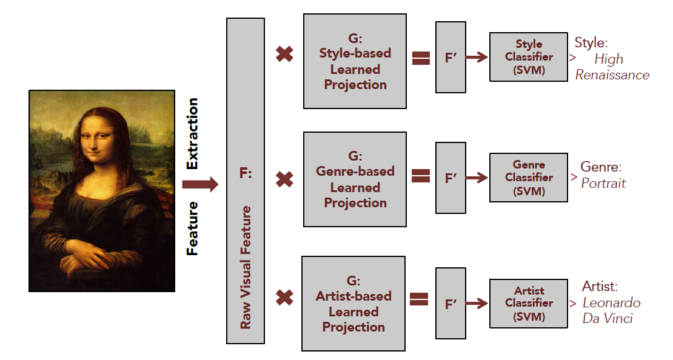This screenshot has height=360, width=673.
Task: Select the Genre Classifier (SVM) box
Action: click(529, 178)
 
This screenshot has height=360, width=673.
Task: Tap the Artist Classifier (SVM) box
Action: click(529, 303)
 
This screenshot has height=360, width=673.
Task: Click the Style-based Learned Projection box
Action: click(355, 61)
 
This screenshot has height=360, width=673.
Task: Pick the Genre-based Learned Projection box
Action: click(355, 179)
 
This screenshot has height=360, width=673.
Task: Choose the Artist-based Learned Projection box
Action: click(353, 304)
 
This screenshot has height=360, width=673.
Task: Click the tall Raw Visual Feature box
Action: click(245, 181)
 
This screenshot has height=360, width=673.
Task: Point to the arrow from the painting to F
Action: click(199, 184)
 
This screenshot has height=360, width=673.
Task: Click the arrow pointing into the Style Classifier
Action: click(477, 58)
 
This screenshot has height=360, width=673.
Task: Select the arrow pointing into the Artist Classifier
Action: click(477, 303)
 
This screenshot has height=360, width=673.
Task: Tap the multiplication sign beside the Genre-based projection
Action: click(284, 179)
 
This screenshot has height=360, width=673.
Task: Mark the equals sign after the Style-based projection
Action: click(420, 58)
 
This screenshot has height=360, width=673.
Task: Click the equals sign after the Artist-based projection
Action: click(419, 299)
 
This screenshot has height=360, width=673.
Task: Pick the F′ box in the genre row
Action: click(450, 178)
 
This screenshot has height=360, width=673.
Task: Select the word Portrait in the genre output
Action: click(603, 183)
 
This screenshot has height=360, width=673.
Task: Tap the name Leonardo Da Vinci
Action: click(611, 310)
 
